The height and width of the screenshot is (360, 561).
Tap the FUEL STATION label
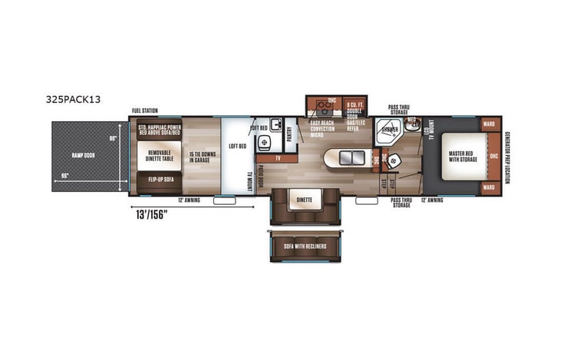point(146,111)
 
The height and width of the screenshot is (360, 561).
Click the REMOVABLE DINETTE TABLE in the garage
point(160,156)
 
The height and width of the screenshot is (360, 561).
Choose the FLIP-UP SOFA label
point(160,183)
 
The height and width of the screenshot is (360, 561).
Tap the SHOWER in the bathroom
point(388,131)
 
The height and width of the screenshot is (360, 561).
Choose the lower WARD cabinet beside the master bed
point(488,187)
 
